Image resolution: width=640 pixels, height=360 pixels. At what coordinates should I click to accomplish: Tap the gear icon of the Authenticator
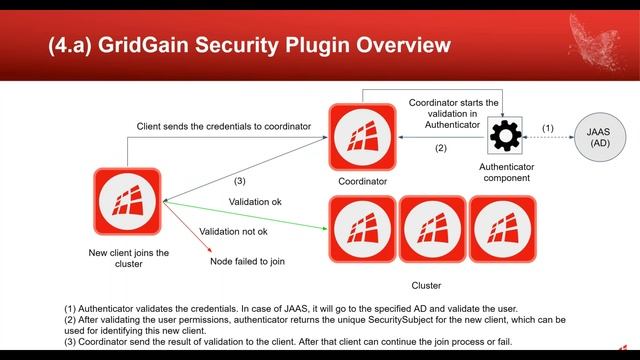pos(509,135)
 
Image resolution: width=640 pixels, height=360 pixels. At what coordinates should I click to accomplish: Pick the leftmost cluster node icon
pos(362,228)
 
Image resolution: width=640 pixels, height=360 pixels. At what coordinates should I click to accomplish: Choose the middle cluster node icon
pos(431,228)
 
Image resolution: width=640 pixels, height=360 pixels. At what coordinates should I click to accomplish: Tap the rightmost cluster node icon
pos(502,228)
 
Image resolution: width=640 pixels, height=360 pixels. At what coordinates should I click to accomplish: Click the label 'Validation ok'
pos(255,202)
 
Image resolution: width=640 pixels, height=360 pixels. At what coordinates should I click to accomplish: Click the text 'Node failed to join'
pos(249,261)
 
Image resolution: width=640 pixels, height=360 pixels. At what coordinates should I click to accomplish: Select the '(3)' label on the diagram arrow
pos(239,181)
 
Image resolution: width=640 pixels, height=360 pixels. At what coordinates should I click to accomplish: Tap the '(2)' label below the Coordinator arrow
pos(440,148)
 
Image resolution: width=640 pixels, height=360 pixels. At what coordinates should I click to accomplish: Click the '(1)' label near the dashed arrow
pos(547,128)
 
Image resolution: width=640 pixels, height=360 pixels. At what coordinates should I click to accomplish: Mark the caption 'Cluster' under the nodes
pos(426,285)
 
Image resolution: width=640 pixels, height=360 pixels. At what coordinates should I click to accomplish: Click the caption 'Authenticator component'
pos(505,172)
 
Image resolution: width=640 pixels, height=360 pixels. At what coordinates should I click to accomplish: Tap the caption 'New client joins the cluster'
pos(128,259)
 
